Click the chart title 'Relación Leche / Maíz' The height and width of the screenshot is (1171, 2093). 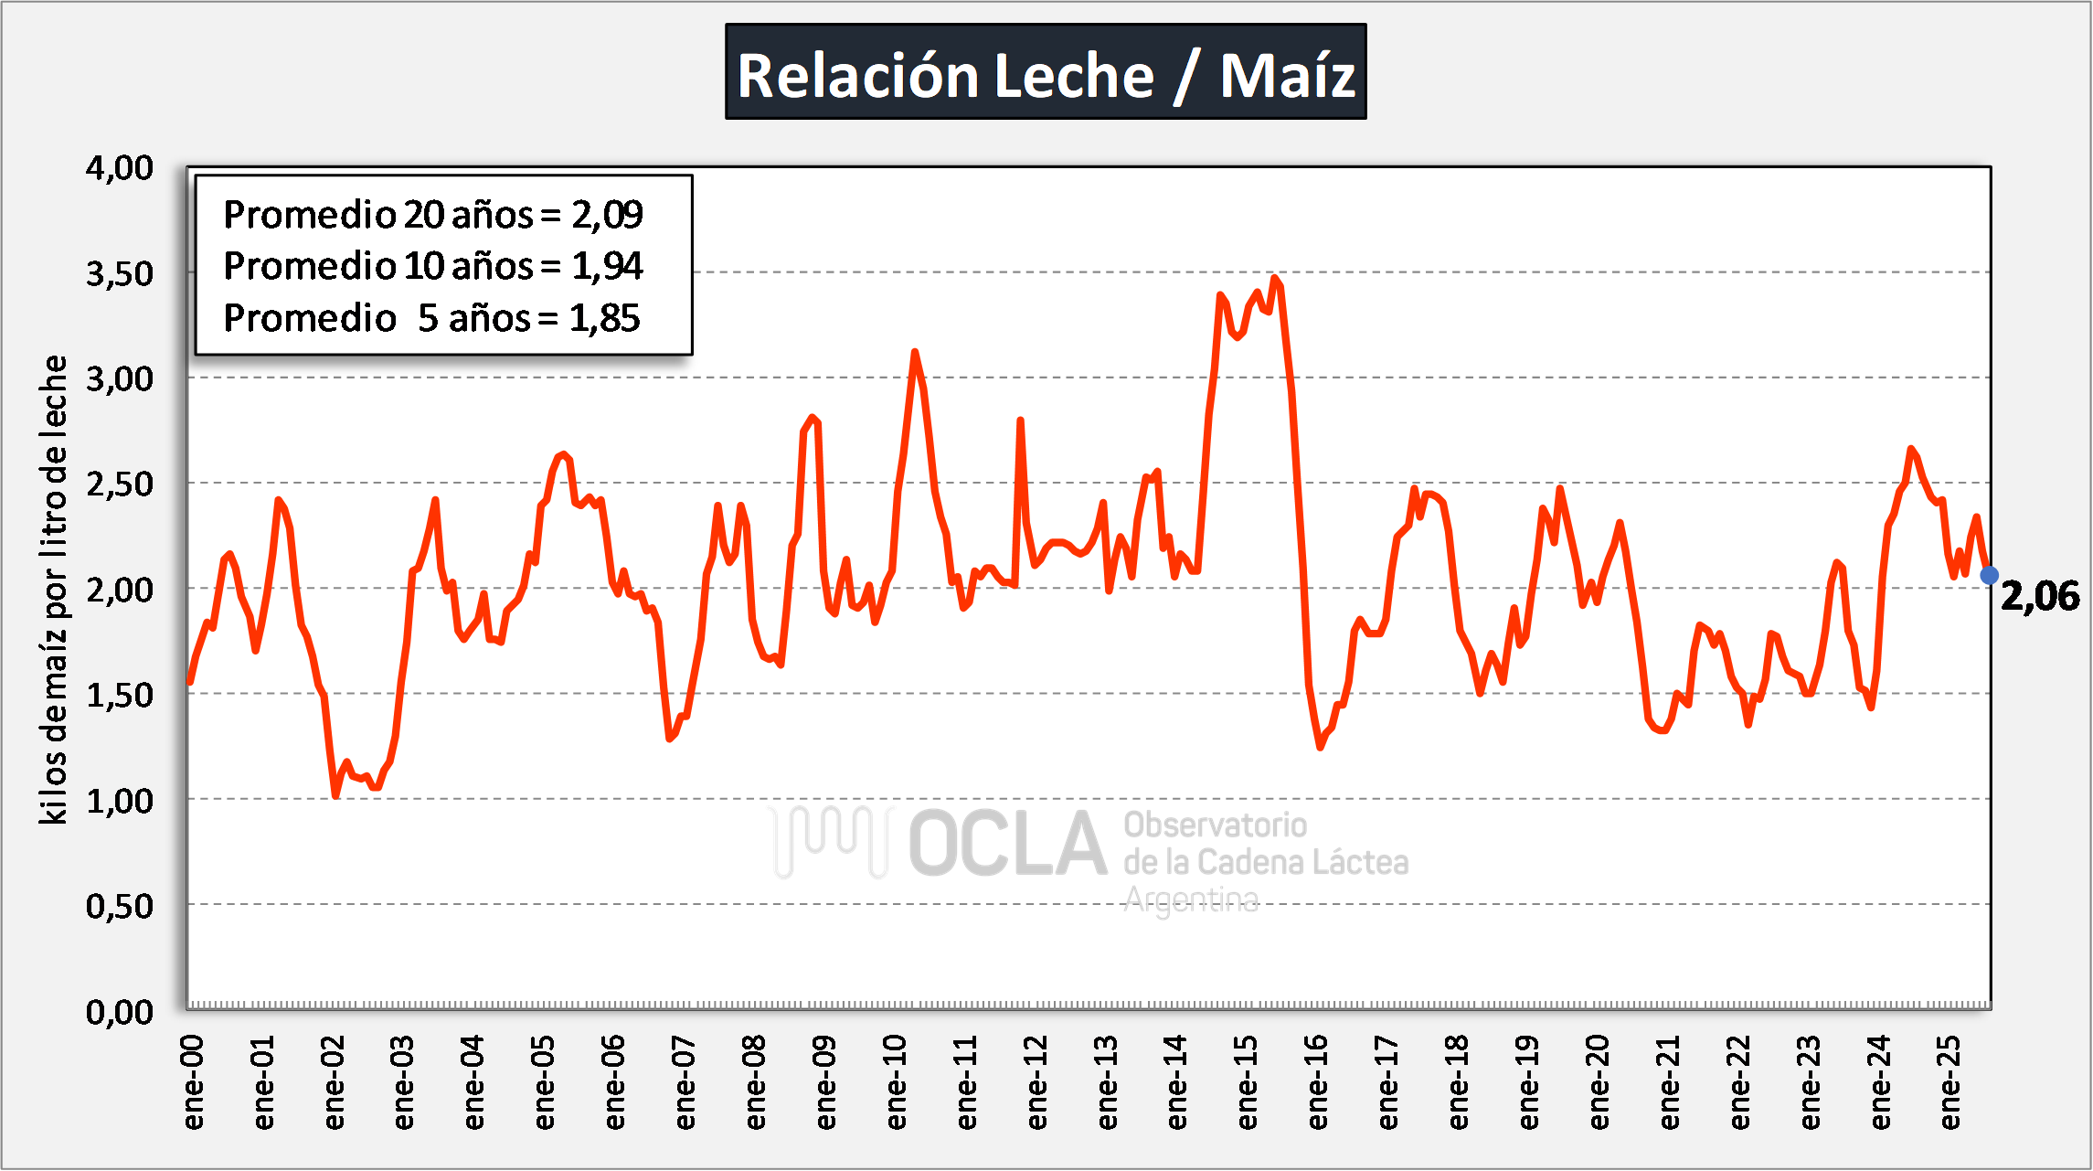pyautogui.click(x=1046, y=73)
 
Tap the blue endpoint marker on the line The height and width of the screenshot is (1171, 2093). pyautogui.click(x=1989, y=575)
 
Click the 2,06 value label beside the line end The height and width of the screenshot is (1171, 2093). pyautogui.click(x=2040, y=596)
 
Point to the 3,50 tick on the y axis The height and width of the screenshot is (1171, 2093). pyautogui.click(x=120, y=273)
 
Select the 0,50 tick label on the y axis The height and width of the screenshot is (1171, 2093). pyautogui.click(x=120, y=906)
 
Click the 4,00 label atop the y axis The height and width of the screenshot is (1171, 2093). pyautogui.click(x=120, y=168)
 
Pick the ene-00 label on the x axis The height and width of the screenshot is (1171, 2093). pyautogui.click(x=193, y=1082)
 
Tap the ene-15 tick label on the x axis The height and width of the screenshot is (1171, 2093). pyautogui.click(x=1247, y=1082)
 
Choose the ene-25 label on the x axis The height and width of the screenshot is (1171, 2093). pyautogui.click(x=1950, y=1082)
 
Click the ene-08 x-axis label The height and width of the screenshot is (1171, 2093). pyautogui.click(x=755, y=1082)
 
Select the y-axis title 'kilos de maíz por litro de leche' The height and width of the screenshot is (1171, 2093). pyautogui.click(x=54, y=590)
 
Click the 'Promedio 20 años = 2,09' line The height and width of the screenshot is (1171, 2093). pyautogui.click(x=433, y=215)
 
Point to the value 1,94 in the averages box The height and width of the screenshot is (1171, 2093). pyautogui.click(x=608, y=266)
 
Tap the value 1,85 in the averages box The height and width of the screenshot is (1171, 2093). pyautogui.click(x=605, y=318)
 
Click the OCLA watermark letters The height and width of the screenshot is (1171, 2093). pyautogui.click(x=1007, y=844)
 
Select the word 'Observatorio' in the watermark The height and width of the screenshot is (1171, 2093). pyautogui.click(x=1215, y=825)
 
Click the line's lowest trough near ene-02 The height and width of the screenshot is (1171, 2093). pyautogui.click(x=335, y=795)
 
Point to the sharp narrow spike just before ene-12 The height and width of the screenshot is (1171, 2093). pyautogui.click(x=1020, y=421)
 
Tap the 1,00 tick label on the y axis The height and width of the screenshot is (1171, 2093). pyautogui.click(x=120, y=801)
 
